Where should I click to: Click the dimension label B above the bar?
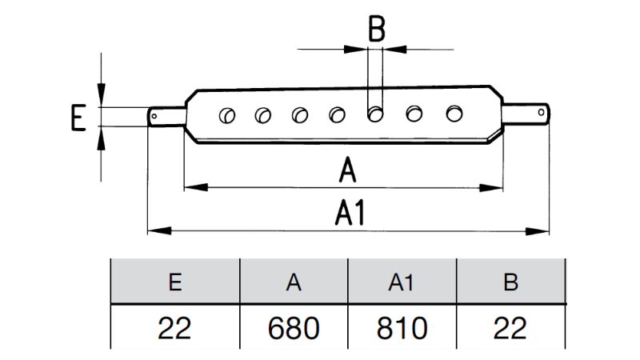(x=376, y=30)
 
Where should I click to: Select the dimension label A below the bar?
(x=346, y=170)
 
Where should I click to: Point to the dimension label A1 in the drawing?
(x=350, y=214)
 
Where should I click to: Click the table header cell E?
(x=174, y=282)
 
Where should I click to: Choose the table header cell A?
(x=294, y=282)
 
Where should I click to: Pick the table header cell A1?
(x=402, y=282)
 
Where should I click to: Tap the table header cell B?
(x=510, y=282)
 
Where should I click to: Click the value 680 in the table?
(x=294, y=328)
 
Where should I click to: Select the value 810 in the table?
(x=402, y=328)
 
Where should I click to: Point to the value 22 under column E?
(x=174, y=328)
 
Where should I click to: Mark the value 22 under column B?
(x=510, y=328)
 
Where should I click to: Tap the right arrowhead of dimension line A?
(x=498, y=188)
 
